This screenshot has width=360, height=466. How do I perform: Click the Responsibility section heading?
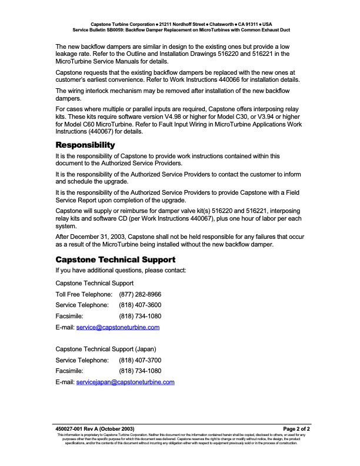click(85, 145)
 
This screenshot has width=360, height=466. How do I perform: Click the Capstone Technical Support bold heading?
click(115, 259)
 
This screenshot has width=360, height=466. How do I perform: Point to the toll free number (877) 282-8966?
click(140, 294)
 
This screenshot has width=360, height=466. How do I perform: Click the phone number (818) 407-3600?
click(140, 305)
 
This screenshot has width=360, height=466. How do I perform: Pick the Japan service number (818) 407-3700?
click(140, 360)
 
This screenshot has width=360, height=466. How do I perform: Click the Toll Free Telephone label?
click(84, 294)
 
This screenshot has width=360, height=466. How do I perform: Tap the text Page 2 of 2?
click(296, 429)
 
